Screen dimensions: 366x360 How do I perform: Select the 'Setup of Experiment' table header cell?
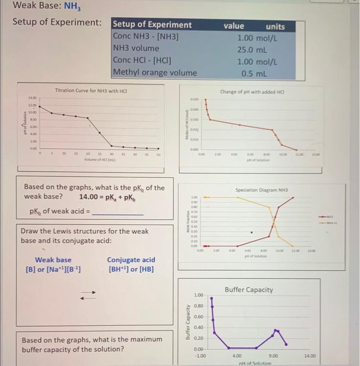(x=152, y=25)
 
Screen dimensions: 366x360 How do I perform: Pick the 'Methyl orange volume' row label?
(x=155, y=73)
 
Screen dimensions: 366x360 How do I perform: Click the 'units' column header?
(x=275, y=26)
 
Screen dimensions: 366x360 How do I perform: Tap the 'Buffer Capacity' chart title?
(x=249, y=290)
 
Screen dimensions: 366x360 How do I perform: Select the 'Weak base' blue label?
(x=53, y=260)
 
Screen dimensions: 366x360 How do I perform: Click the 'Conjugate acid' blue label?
(x=131, y=260)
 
